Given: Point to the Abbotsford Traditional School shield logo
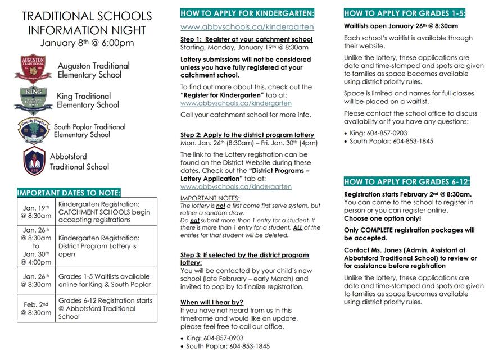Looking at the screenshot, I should pyautogui.click(x=34, y=161).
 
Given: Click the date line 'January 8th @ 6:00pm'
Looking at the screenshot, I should pyautogui.click(x=87, y=43).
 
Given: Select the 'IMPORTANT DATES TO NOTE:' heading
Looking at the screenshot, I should pyautogui.click(x=69, y=192).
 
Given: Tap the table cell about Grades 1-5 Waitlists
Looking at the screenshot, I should pyautogui.click(x=106, y=280).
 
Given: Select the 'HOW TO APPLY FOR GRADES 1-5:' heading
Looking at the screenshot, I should pyautogui.click(x=405, y=12).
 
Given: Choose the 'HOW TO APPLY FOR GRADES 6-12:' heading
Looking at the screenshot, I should pyautogui.click(x=407, y=181).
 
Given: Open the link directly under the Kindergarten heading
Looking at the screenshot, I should pyautogui.click(x=247, y=26).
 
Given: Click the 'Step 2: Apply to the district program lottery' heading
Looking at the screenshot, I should pyautogui.click(x=247, y=135).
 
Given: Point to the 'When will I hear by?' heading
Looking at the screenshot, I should pyautogui.click(x=212, y=302).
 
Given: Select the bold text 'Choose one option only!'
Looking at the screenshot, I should pyautogui.click(x=381, y=218).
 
